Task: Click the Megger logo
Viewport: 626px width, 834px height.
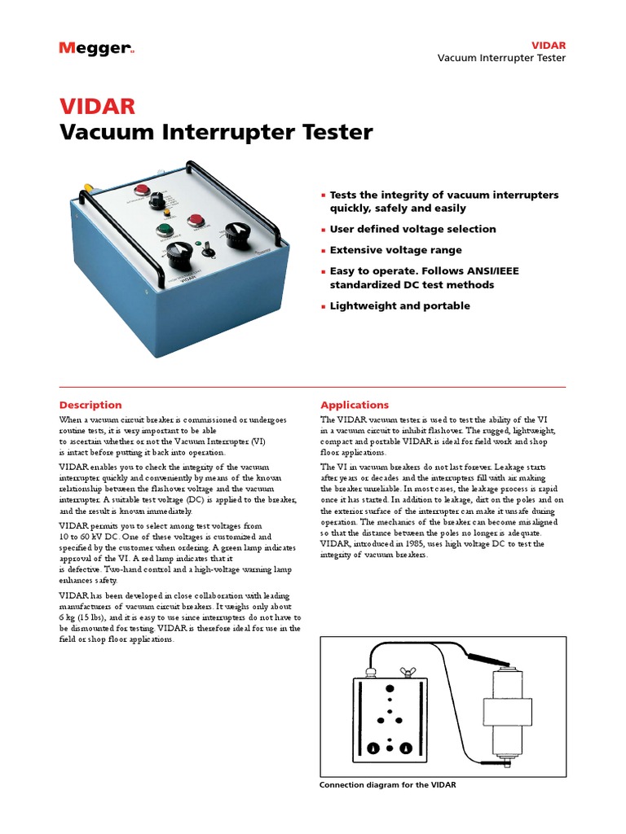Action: coord(95,49)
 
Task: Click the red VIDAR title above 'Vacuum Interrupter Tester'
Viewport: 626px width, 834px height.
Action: coord(97,106)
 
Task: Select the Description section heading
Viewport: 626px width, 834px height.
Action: coord(90,405)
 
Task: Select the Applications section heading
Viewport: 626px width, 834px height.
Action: coord(355,405)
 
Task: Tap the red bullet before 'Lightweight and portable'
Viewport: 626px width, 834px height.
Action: coord(324,306)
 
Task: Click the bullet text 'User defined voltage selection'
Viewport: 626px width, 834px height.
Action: coord(412,230)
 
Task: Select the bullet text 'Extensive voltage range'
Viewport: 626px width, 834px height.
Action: coord(395,250)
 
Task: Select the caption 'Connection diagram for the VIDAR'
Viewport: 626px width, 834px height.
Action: coord(388,785)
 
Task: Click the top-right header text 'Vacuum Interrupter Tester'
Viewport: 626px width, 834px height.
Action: coord(501,58)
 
